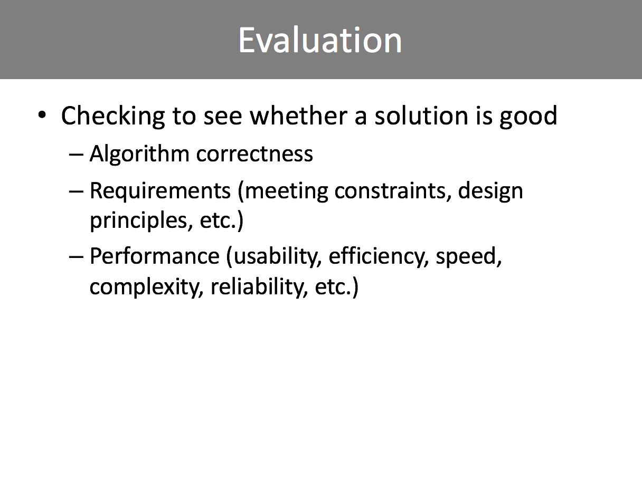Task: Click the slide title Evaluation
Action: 320,40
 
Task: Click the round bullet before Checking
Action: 42,115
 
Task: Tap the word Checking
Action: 113,116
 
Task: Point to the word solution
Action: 421,116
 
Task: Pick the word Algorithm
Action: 139,154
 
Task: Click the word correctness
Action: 254,154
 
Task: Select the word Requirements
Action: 160,191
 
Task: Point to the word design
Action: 490,191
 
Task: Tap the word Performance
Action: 155,256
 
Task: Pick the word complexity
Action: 146,287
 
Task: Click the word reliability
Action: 259,286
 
